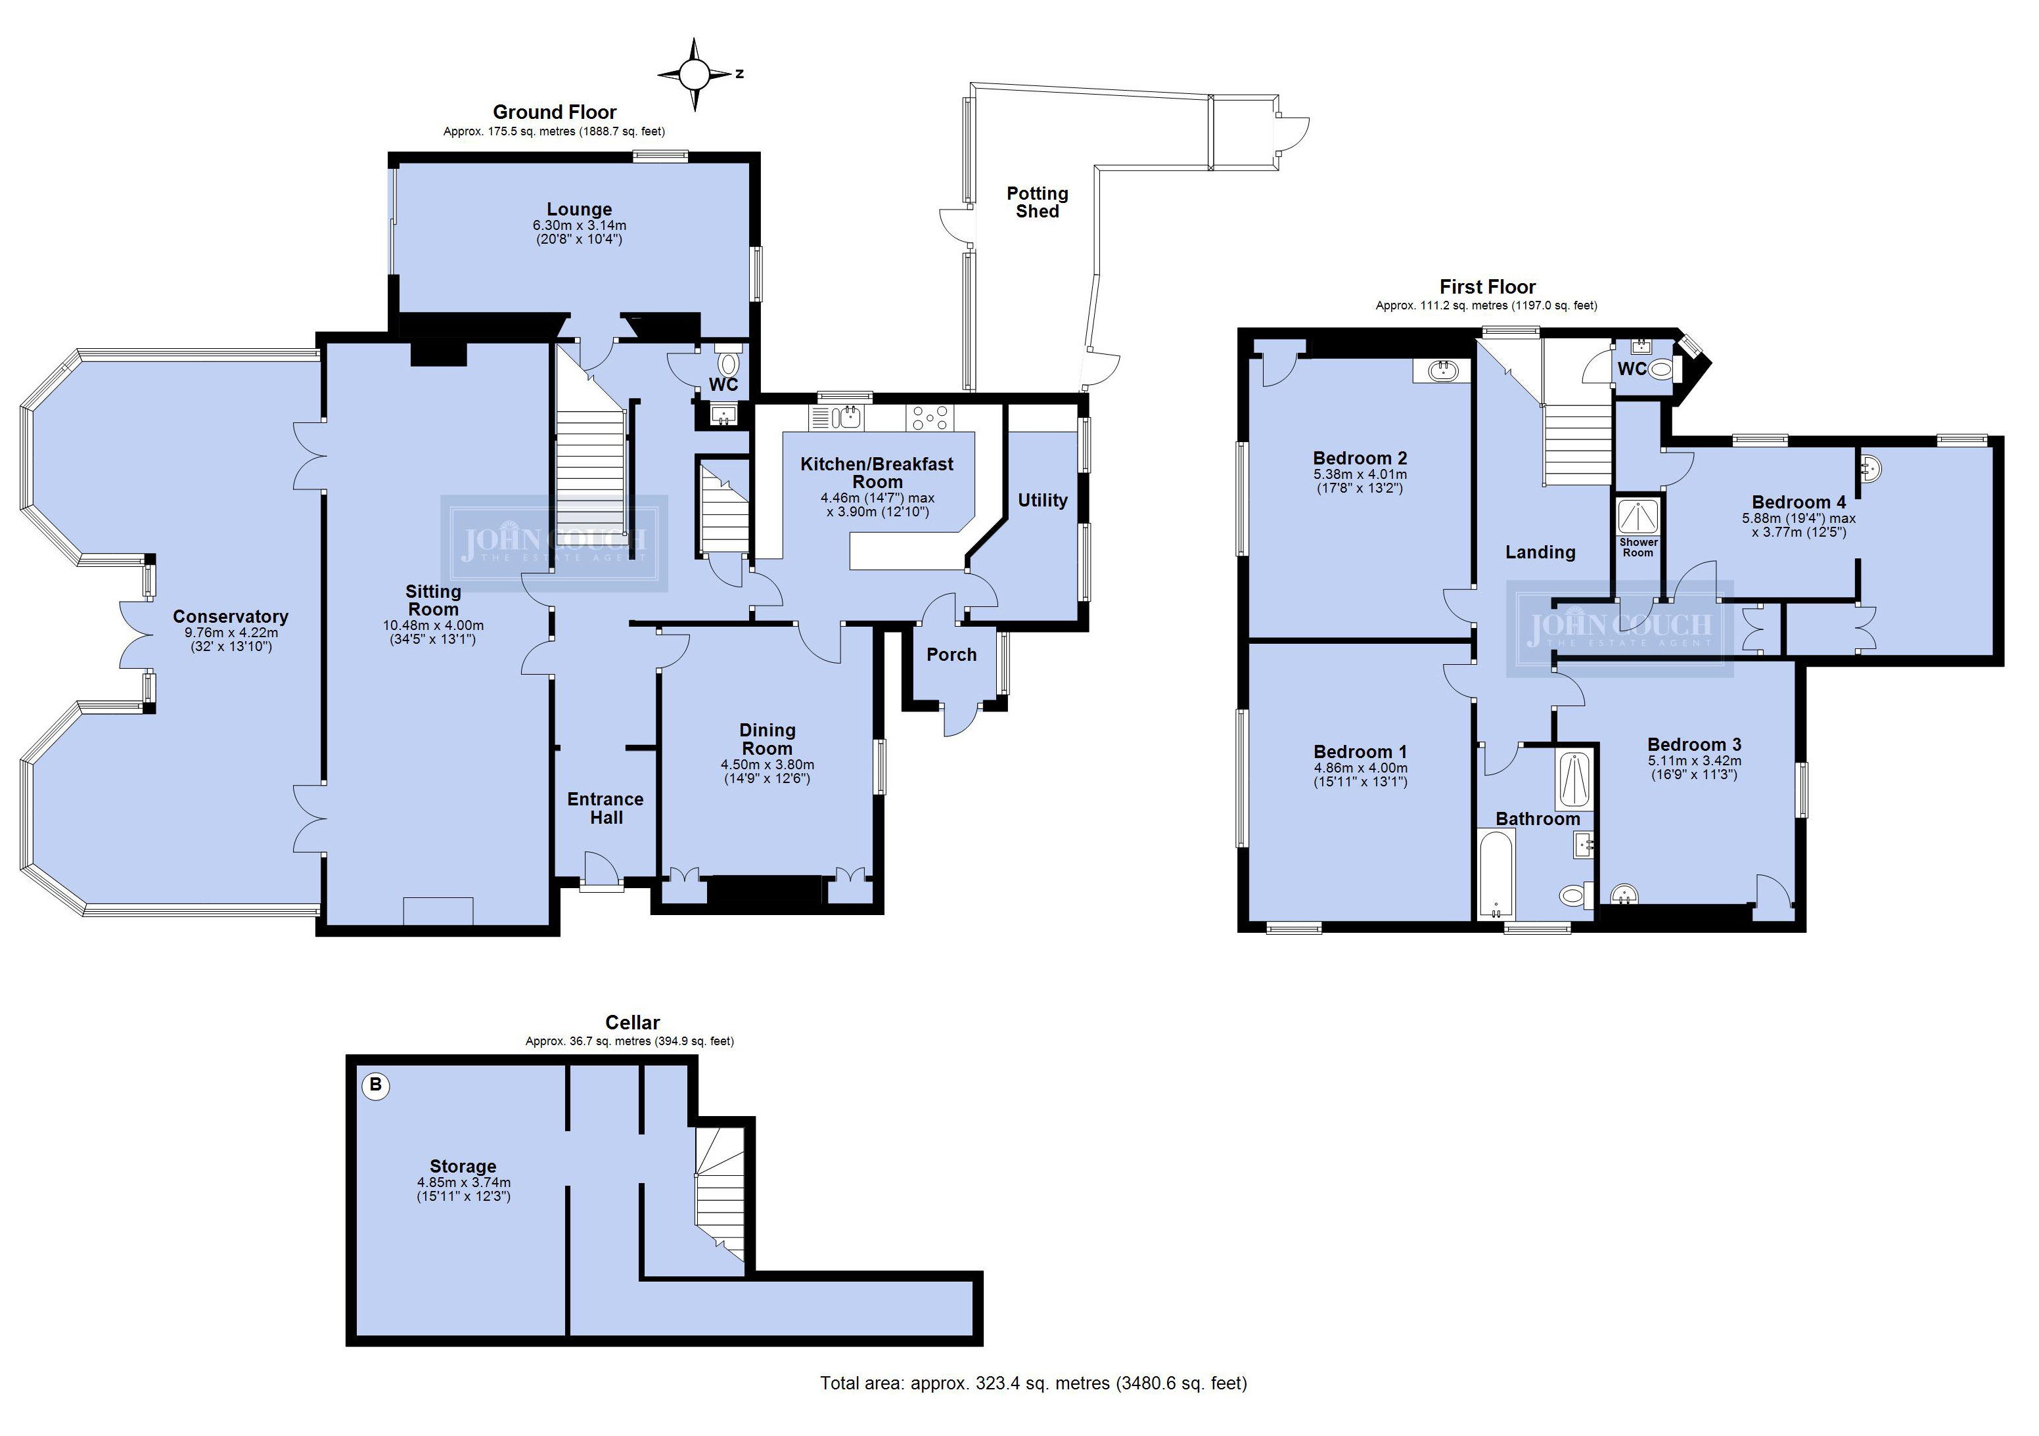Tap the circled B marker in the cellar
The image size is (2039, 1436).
click(x=376, y=1085)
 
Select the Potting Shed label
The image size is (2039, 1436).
click(x=1038, y=202)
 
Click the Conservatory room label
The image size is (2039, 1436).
click(x=230, y=616)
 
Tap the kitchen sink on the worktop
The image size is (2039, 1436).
click(x=836, y=416)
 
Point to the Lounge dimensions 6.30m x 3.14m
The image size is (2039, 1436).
click(x=579, y=225)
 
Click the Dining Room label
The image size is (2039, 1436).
click(x=767, y=739)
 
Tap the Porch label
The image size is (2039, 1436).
click(x=951, y=654)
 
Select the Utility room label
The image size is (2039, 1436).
click(x=1043, y=500)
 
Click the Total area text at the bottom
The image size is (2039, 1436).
click(x=1033, y=1383)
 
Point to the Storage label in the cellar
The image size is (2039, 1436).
click(x=463, y=1166)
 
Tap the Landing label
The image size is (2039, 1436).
click(x=1540, y=552)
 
